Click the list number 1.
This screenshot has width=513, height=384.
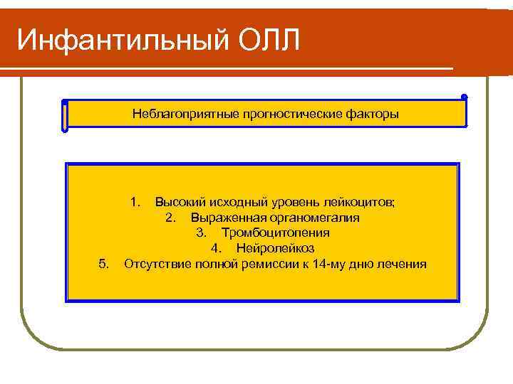(x=135, y=202)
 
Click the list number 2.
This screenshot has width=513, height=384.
(x=170, y=218)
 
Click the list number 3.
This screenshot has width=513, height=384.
(x=201, y=233)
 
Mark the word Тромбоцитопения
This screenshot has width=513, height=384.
(x=274, y=233)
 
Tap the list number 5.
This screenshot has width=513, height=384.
(x=104, y=265)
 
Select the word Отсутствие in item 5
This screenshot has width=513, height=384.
(x=153, y=265)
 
